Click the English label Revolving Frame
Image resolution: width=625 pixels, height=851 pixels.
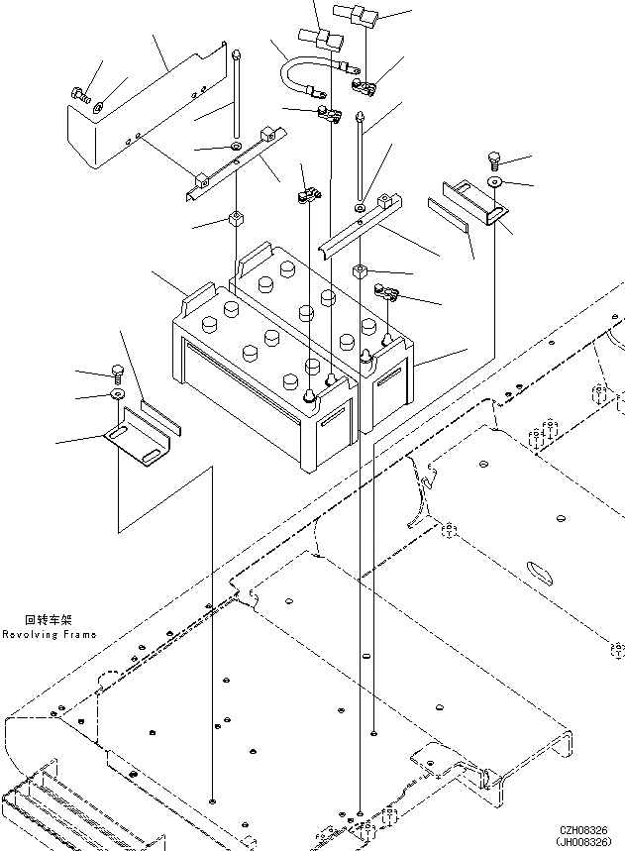[x=49, y=634]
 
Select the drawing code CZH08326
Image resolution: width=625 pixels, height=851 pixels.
[x=589, y=829]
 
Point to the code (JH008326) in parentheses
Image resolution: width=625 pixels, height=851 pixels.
[x=589, y=841]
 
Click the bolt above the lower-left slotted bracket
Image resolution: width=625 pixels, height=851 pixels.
[x=117, y=373]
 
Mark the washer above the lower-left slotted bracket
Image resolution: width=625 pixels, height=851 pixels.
[x=117, y=394]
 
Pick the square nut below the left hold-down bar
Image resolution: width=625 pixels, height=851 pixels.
[x=238, y=218]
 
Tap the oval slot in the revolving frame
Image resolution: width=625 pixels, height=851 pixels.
[x=543, y=572]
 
